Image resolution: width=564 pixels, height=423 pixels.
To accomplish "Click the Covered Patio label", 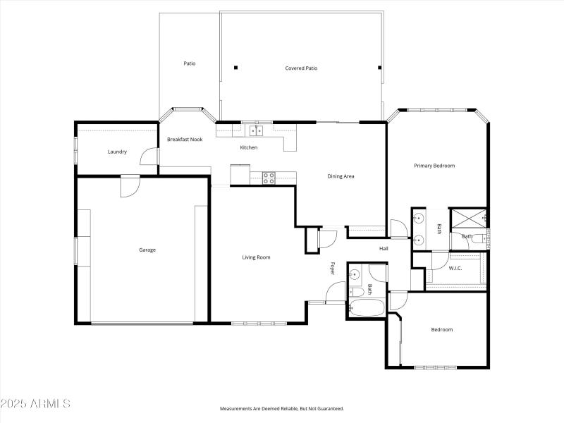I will click(301, 68).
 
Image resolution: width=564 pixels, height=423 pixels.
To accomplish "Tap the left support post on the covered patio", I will click(235, 68).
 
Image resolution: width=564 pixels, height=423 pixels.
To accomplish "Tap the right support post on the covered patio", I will click(380, 68).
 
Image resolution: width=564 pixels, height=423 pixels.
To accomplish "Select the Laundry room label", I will click(117, 152).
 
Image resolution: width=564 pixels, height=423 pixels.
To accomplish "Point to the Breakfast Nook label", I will click(185, 140).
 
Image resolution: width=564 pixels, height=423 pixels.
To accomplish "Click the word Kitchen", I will click(249, 147).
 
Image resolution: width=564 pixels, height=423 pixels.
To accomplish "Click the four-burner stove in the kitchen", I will click(269, 178).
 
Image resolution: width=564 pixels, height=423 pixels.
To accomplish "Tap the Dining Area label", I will click(341, 176).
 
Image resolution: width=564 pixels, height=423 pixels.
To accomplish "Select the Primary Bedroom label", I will click(434, 166).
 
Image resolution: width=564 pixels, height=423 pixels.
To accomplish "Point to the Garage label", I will click(147, 250).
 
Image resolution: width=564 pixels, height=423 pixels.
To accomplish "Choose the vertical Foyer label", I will click(333, 269).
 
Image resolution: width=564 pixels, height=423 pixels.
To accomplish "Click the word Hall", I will click(384, 248).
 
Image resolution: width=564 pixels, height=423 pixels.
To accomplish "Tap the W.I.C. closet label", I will click(455, 268).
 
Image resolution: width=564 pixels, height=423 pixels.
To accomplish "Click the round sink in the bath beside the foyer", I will click(355, 274).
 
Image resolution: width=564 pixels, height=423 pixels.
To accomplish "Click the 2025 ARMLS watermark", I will click(35, 404).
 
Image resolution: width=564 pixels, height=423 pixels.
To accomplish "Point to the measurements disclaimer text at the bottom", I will click(282, 409).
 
